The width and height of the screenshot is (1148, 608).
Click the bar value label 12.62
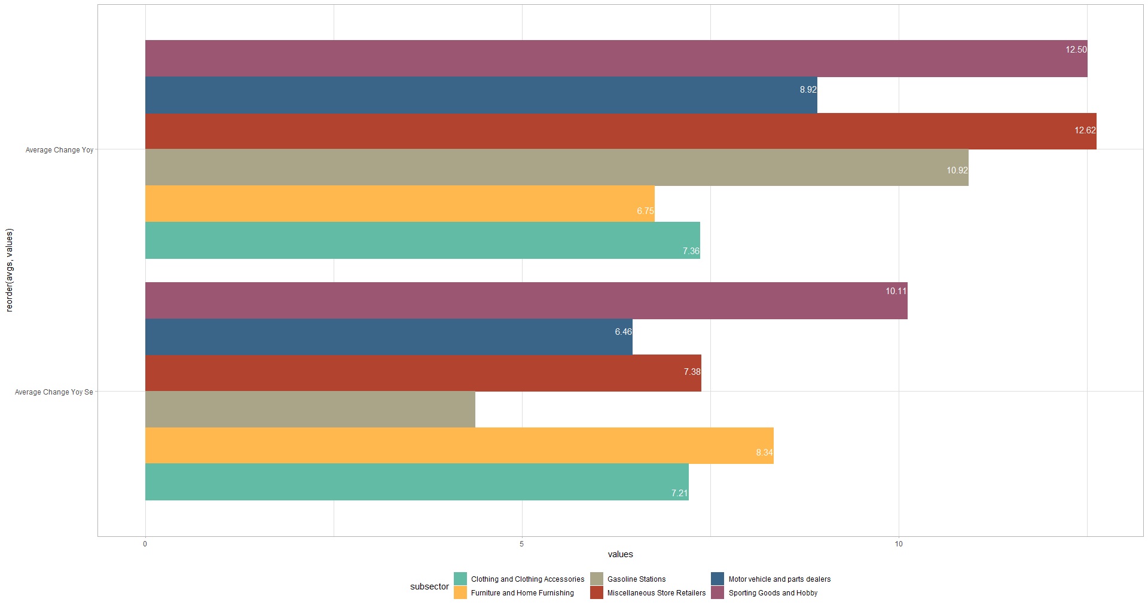(x=1085, y=130)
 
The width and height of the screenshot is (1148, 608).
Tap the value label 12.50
(x=1076, y=50)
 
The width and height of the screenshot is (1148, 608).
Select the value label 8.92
(x=808, y=90)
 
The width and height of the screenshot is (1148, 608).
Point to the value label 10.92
(x=957, y=170)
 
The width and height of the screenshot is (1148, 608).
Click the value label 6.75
(x=645, y=211)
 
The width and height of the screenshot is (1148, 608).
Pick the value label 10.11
(x=896, y=291)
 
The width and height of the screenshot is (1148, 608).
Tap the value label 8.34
(x=764, y=453)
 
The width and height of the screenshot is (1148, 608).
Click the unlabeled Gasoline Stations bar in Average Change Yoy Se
(x=310, y=410)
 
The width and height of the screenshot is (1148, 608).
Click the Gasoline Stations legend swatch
(x=596, y=579)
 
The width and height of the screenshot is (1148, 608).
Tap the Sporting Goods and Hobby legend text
(x=773, y=593)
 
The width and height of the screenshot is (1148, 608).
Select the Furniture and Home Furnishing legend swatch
(x=460, y=593)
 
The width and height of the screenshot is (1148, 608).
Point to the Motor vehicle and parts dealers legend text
(x=779, y=579)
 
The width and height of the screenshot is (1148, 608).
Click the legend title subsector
(x=429, y=586)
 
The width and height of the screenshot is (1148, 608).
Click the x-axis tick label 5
(x=521, y=543)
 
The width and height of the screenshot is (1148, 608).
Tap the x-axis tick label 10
(x=898, y=543)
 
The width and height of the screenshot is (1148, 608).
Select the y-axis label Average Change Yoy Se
(x=54, y=392)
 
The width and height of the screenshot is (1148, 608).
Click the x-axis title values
(x=620, y=554)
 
